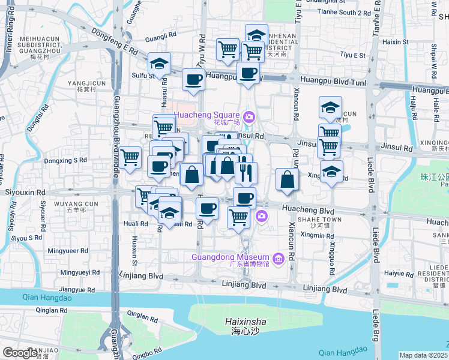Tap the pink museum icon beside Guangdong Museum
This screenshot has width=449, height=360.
(x=277, y=259)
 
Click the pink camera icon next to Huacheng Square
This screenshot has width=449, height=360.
(x=248, y=115)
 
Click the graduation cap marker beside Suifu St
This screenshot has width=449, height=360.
(x=160, y=64)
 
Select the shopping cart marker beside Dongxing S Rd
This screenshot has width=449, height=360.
(x=130, y=158)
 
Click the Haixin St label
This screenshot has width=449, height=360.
(x=395, y=42)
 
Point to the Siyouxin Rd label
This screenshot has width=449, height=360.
(x=25, y=193)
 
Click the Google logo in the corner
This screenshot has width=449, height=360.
(x=20, y=353)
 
